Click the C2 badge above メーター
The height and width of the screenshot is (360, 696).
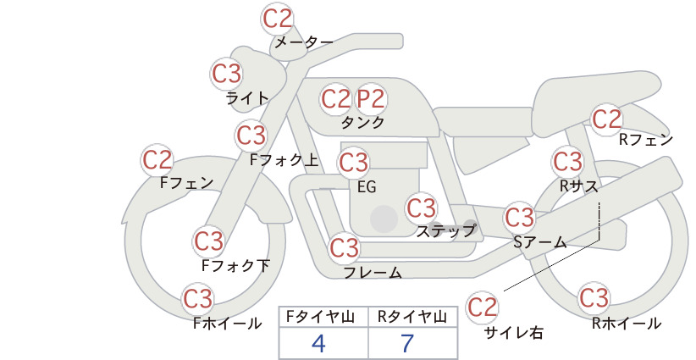tap(278, 19)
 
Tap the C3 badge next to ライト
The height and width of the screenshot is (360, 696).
tap(226, 74)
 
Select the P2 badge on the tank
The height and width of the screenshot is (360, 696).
tap(371, 99)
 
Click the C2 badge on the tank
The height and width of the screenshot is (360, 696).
tap(335, 99)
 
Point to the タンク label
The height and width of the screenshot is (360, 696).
tap(362, 123)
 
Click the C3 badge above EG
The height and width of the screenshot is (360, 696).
tap(353, 163)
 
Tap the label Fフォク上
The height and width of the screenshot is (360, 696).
tap(284, 160)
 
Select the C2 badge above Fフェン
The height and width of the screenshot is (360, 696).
tap(157, 160)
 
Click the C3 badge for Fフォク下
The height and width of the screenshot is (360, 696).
tap(208, 241)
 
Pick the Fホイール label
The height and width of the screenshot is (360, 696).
tap(227, 324)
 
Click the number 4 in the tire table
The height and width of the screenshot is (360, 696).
tap(318, 343)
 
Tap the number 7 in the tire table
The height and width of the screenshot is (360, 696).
tap(407, 343)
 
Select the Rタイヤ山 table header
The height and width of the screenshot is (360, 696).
tap(412, 317)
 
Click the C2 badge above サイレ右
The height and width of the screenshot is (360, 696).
tap(482, 307)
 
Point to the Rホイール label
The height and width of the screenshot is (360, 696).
tap(627, 324)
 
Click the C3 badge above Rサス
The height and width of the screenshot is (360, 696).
tap(567, 162)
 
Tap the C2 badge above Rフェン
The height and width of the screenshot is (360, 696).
tap(606, 119)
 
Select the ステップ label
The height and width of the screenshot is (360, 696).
tap(446, 231)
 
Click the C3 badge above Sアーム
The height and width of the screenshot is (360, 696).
tap(519, 218)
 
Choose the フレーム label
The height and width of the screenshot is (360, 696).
tap(373, 272)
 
